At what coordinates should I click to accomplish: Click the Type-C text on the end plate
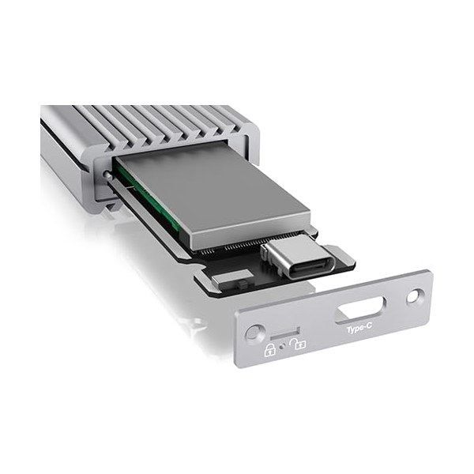(x=359, y=329)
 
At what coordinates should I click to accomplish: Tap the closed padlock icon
(x=270, y=349)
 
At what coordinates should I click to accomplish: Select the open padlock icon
(x=298, y=344)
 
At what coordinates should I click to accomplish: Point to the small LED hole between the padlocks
(x=283, y=347)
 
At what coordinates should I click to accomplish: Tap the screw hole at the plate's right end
(x=415, y=296)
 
